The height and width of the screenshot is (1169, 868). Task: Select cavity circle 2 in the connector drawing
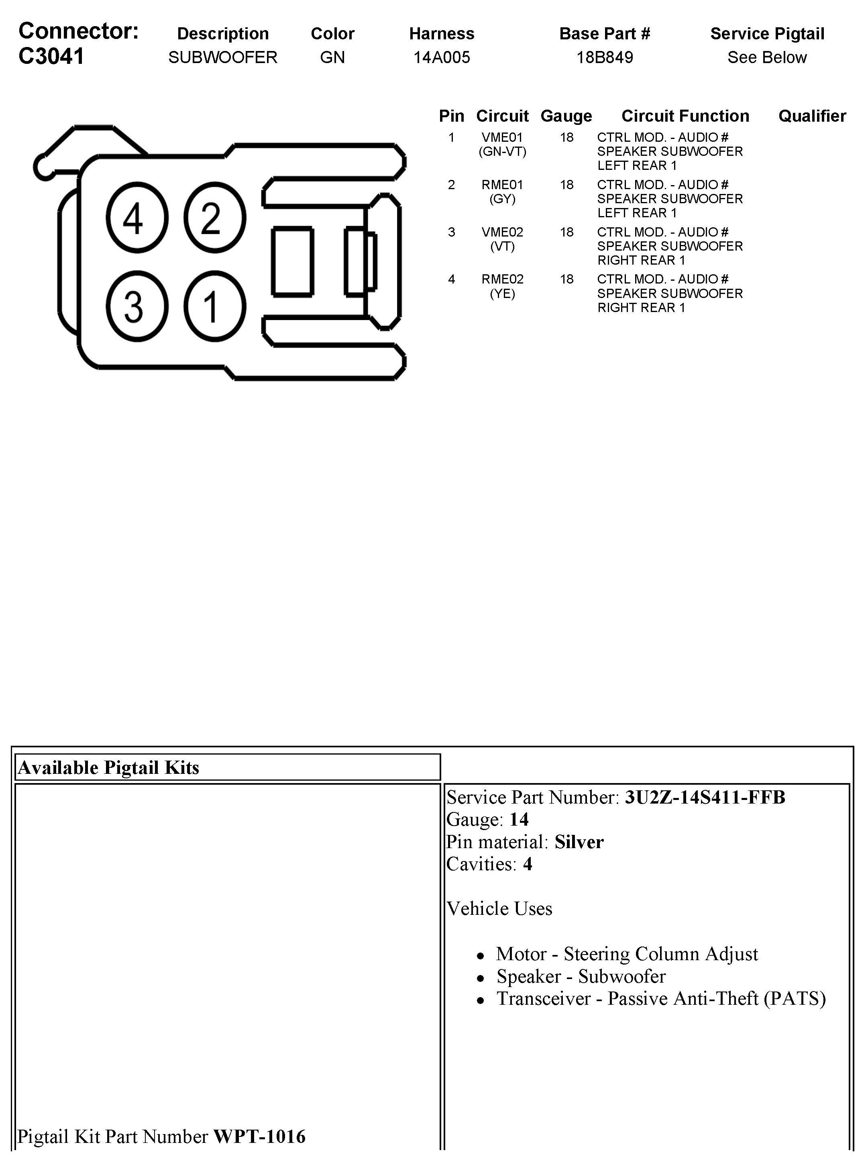tap(214, 218)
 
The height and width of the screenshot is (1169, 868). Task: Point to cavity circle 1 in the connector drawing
tap(214, 306)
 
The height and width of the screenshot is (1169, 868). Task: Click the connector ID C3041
tap(51, 56)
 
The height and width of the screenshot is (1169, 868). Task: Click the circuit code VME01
tap(502, 137)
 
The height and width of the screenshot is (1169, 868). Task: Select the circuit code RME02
tap(502, 279)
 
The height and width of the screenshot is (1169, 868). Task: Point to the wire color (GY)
tap(502, 199)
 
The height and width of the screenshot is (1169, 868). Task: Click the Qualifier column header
tap(812, 116)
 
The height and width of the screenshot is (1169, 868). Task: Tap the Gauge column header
tap(566, 116)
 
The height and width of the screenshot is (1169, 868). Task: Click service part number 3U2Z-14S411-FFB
tap(705, 798)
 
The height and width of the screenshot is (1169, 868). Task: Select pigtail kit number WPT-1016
tap(259, 1136)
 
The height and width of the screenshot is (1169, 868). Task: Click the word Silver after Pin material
tap(579, 842)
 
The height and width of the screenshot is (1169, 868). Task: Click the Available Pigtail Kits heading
tap(109, 767)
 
